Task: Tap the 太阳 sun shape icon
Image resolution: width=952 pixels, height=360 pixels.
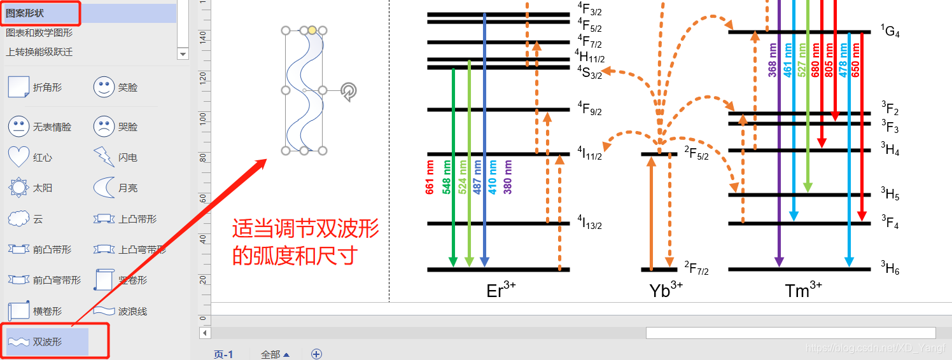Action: pyautogui.click(x=18, y=188)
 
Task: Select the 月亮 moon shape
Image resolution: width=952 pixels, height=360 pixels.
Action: pyautogui.click(x=104, y=188)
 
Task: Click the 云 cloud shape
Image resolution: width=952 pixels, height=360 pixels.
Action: pyautogui.click(x=18, y=219)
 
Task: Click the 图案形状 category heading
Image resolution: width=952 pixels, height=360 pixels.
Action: pyautogui.click(x=25, y=13)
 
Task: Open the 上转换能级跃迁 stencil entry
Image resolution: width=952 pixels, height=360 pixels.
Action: pyautogui.click(x=39, y=52)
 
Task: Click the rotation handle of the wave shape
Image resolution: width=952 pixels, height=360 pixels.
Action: pyautogui.click(x=348, y=92)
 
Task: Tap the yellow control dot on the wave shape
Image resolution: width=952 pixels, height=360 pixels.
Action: pyautogui.click(x=312, y=30)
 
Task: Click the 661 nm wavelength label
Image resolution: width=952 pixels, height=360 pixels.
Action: pyautogui.click(x=430, y=177)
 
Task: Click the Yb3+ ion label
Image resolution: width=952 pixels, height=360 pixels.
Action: pyautogui.click(x=666, y=291)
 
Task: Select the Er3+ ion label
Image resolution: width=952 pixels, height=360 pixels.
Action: pyautogui.click(x=501, y=291)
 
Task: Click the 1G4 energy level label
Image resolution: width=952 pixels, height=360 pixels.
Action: pyautogui.click(x=890, y=31)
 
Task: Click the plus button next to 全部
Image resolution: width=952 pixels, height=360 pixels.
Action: pyautogui.click(x=316, y=354)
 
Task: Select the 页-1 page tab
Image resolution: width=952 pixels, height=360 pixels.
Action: pyautogui.click(x=223, y=354)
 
